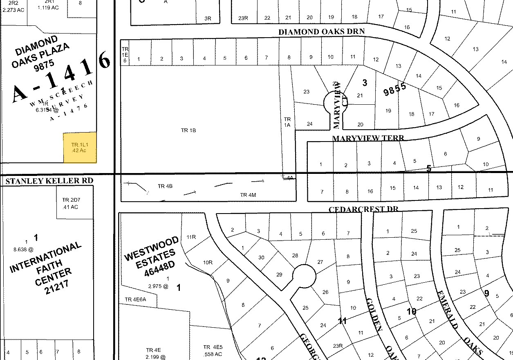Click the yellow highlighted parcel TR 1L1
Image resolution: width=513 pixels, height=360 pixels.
click(80, 148)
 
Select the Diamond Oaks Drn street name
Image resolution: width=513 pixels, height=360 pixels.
click(321, 32)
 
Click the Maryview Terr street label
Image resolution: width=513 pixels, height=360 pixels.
click(368, 138)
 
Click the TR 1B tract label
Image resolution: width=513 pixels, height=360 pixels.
click(188, 130)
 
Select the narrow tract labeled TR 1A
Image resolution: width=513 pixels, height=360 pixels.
click(287, 123)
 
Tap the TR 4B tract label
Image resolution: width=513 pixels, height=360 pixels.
click(165, 186)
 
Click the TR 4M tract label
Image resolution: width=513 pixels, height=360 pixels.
click(248, 195)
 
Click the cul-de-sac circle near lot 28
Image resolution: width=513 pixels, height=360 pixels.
click(305, 276)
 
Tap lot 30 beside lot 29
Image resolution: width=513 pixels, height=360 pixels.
click(261, 258)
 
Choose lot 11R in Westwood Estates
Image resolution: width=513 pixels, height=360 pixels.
click(191, 237)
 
